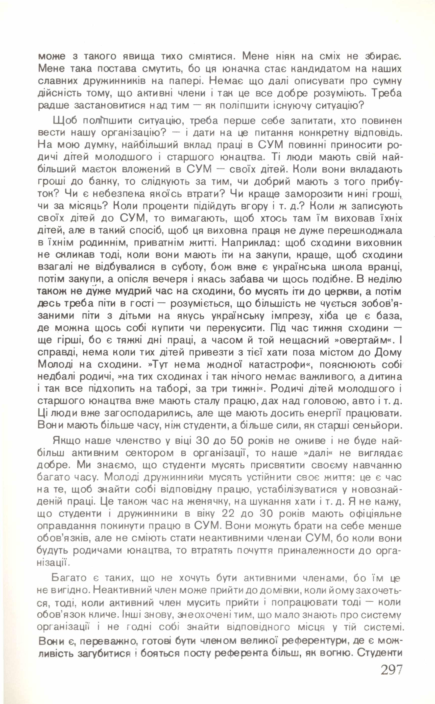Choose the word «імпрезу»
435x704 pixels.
(x=290, y=316)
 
